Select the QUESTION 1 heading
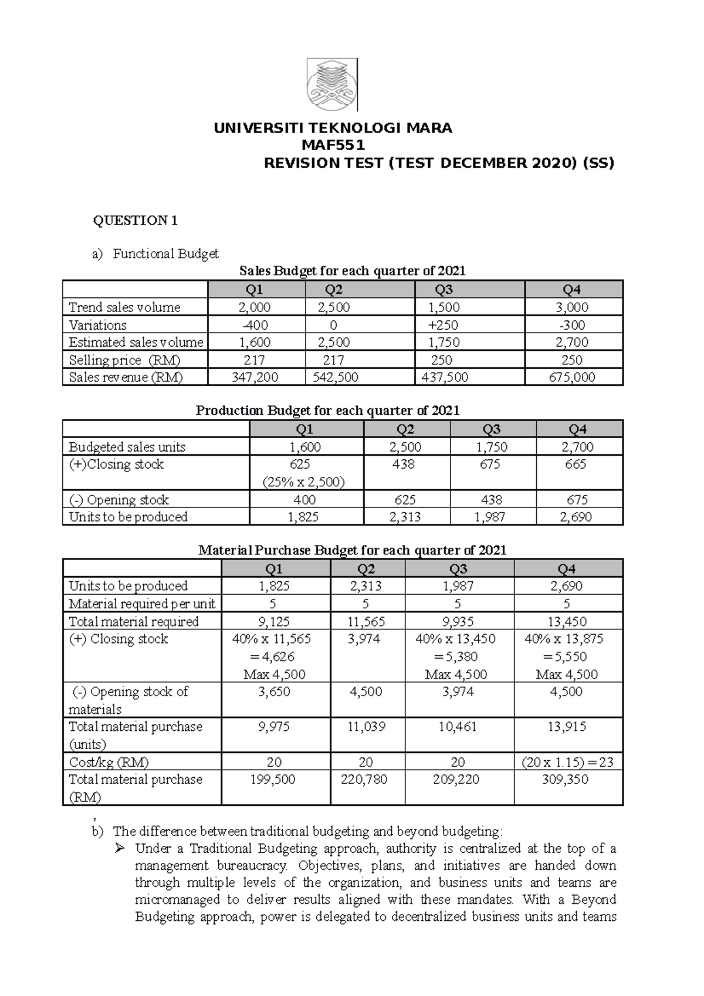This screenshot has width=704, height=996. pyautogui.click(x=136, y=221)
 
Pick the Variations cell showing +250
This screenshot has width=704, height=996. pyautogui.click(x=444, y=325)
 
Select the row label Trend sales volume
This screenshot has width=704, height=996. pyautogui.click(x=124, y=307)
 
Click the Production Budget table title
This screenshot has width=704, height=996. pyautogui.click(x=327, y=411)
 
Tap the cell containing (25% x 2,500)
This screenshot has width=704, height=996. pyautogui.click(x=304, y=482)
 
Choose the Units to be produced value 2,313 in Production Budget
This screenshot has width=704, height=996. pyautogui.click(x=405, y=517)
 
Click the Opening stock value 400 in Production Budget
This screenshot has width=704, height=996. pyautogui.click(x=304, y=500)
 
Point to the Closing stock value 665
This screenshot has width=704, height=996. pyautogui.click(x=576, y=465)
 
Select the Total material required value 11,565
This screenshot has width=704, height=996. pyautogui.click(x=367, y=622)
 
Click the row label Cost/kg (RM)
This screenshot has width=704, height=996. pyautogui.click(x=109, y=762)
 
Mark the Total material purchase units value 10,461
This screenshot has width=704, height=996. pyautogui.click(x=458, y=727)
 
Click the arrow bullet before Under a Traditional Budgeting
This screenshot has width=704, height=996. pyautogui.click(x=120, y=849)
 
